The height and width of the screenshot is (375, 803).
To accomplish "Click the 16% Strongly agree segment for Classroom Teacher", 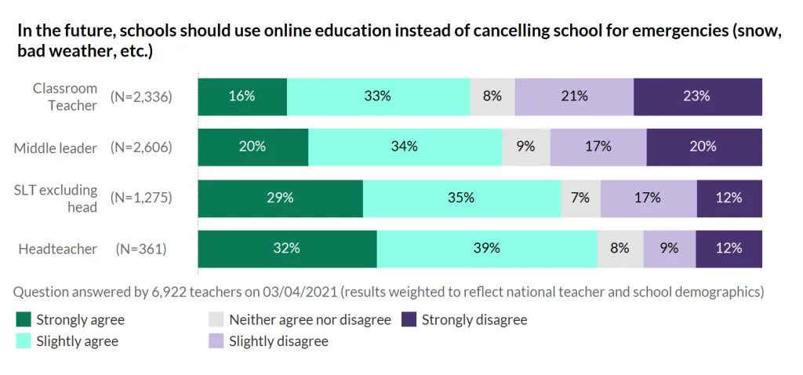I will [x=242, y=96].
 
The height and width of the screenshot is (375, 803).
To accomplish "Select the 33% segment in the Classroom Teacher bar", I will [x=378, y=96].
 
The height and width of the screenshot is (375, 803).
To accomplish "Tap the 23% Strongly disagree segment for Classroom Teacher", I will [x=697, y=96].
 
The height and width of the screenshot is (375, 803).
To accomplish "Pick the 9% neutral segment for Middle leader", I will [x=526, y=147].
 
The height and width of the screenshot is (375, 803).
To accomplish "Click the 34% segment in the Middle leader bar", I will [x=405, y=147].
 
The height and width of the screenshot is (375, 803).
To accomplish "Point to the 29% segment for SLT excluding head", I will [x=280, y=198].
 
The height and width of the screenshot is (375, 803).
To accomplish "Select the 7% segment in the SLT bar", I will [x=580, y=198].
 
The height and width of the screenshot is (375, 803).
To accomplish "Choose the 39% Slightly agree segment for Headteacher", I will [x=487, y=249].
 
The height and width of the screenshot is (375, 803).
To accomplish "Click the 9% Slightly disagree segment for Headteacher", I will [x=669, y=249].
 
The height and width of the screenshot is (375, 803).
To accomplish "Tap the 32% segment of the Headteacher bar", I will [x=287, y=249].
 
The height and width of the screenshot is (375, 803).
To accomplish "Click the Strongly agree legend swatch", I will [x=24, y=320].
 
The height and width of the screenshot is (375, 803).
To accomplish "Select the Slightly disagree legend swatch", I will [x=216, y=341].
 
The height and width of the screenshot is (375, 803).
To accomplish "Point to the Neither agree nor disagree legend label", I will [x=310, y=320].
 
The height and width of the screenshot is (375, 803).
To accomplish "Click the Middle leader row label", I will [x=56, y=147].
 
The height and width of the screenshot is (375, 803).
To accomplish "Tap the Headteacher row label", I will [x=57, y=249].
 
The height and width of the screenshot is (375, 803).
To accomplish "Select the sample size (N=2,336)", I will [x=141, y=97].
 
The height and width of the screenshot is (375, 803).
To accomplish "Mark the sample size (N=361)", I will [x=141, y=249].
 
